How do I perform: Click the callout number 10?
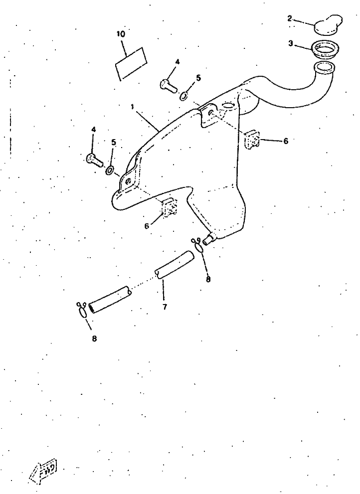121,34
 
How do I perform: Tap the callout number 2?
290,18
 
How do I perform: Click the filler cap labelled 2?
328,23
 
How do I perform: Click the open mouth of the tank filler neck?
325,68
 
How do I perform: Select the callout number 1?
133,107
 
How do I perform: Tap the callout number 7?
165,307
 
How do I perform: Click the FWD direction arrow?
43,471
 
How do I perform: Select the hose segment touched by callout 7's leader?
175,265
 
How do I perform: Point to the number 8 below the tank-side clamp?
208,279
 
